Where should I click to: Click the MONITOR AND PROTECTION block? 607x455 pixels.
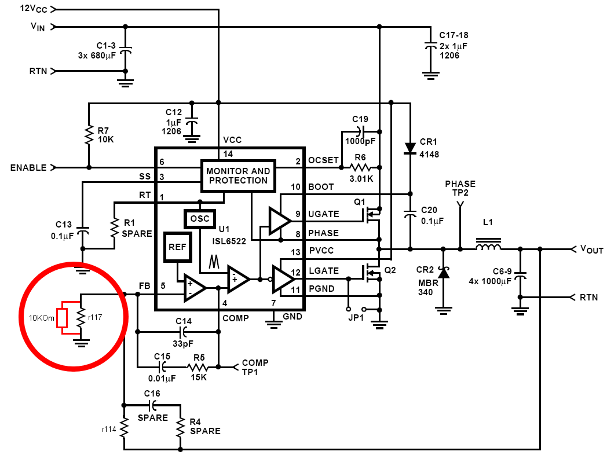(x=238, y=175)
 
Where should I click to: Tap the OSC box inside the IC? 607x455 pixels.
(x=199, y=219)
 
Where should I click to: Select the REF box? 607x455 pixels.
(x=177, y=246)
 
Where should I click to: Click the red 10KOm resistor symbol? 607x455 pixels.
(x=62, y=317)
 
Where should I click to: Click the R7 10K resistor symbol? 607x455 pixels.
(x=89, y=135)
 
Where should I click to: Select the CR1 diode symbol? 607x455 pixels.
(x=410, y=148)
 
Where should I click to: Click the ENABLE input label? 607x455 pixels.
(x=28, y=168)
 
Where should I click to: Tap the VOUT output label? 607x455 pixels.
(x=591, y=249)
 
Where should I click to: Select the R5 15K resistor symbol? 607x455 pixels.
(x=199, y=366)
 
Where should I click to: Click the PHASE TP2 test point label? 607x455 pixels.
(x=460, y=188)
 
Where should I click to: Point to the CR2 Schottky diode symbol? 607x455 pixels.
(x=444, y=272)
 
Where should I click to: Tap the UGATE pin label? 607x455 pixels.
(x=323, y=214)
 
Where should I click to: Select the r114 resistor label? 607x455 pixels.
(x=109, y=429)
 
